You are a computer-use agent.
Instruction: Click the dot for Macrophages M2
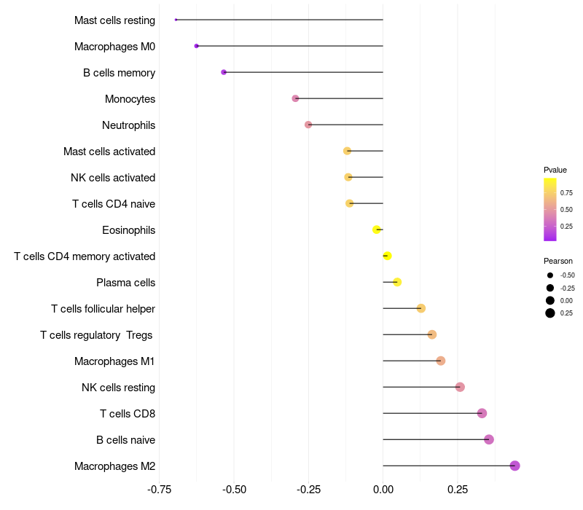point(514,466)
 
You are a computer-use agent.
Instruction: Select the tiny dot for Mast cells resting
point(176,20)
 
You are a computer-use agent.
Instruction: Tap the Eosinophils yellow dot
point(376,229)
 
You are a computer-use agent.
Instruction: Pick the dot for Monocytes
point(295,98)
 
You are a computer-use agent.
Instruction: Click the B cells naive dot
point(489,439)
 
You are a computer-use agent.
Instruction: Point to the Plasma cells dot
point(397,282)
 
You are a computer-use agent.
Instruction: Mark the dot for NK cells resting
point(460,387)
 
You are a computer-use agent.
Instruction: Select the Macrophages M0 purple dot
point(196,46)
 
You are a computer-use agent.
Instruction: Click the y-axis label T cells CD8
point(128,414)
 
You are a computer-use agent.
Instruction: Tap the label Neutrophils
point(129,125)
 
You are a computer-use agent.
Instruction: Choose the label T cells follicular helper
point(103,309)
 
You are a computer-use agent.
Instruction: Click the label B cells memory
point(119,73)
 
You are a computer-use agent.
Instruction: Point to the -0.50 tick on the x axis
point(234,490)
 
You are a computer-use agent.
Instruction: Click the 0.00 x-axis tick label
point(383,490)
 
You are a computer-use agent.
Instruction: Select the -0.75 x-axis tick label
point(160,490)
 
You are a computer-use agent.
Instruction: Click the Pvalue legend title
point(555,170)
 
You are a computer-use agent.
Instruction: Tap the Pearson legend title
point(558,261)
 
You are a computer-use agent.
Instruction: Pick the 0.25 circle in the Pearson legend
point(550,313)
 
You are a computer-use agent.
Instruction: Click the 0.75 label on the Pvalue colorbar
point(566,193)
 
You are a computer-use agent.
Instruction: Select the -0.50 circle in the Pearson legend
point(550,275)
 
